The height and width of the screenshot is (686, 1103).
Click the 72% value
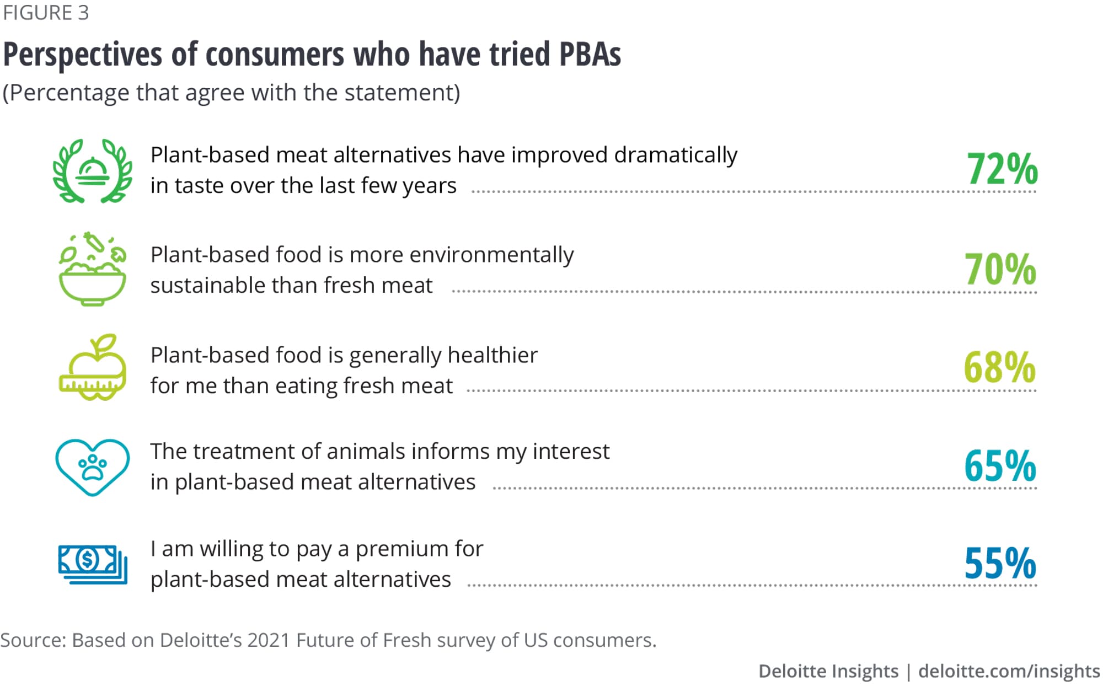tap(1002, 169)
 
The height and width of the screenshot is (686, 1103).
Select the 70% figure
tap(1000, 269)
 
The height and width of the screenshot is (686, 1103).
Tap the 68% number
tap(999, 367)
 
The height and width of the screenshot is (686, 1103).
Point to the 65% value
tap(1000, 466)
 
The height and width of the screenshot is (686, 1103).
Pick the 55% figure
tap(1000, 563)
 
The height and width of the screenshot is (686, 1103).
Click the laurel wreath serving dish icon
tap(93, 171)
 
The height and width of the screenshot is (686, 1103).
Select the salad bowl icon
tap(93, 270)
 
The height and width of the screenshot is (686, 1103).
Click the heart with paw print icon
tap(93, 467)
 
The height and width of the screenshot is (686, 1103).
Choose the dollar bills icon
tap(93, 564)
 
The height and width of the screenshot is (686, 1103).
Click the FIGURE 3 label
tap(46, 13)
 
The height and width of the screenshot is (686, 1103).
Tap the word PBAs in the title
tap(590, 54)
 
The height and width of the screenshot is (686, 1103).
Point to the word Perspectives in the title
tap(83, 54)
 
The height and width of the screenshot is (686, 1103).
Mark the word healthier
tap(492, 355)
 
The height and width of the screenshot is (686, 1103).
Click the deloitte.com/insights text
tap(1009, 671)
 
